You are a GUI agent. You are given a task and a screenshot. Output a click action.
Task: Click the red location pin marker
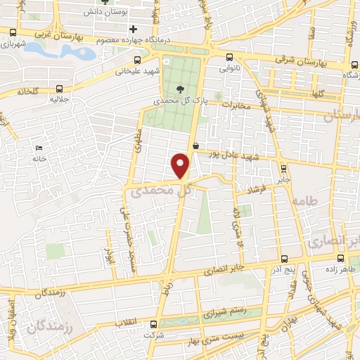coord(181,166)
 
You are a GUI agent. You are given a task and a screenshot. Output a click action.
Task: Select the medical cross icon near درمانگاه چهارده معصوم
coord(133,29)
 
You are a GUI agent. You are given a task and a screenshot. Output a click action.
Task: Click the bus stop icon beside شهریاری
coord(12,32)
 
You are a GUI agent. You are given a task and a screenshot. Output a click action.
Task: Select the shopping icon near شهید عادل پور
coord(195,146)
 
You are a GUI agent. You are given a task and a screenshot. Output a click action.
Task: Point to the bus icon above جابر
coord(283,168)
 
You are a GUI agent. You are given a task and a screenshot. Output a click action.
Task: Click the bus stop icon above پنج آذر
coord(284,259)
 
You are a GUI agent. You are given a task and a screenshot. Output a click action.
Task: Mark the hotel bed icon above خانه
coord(39,148)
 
